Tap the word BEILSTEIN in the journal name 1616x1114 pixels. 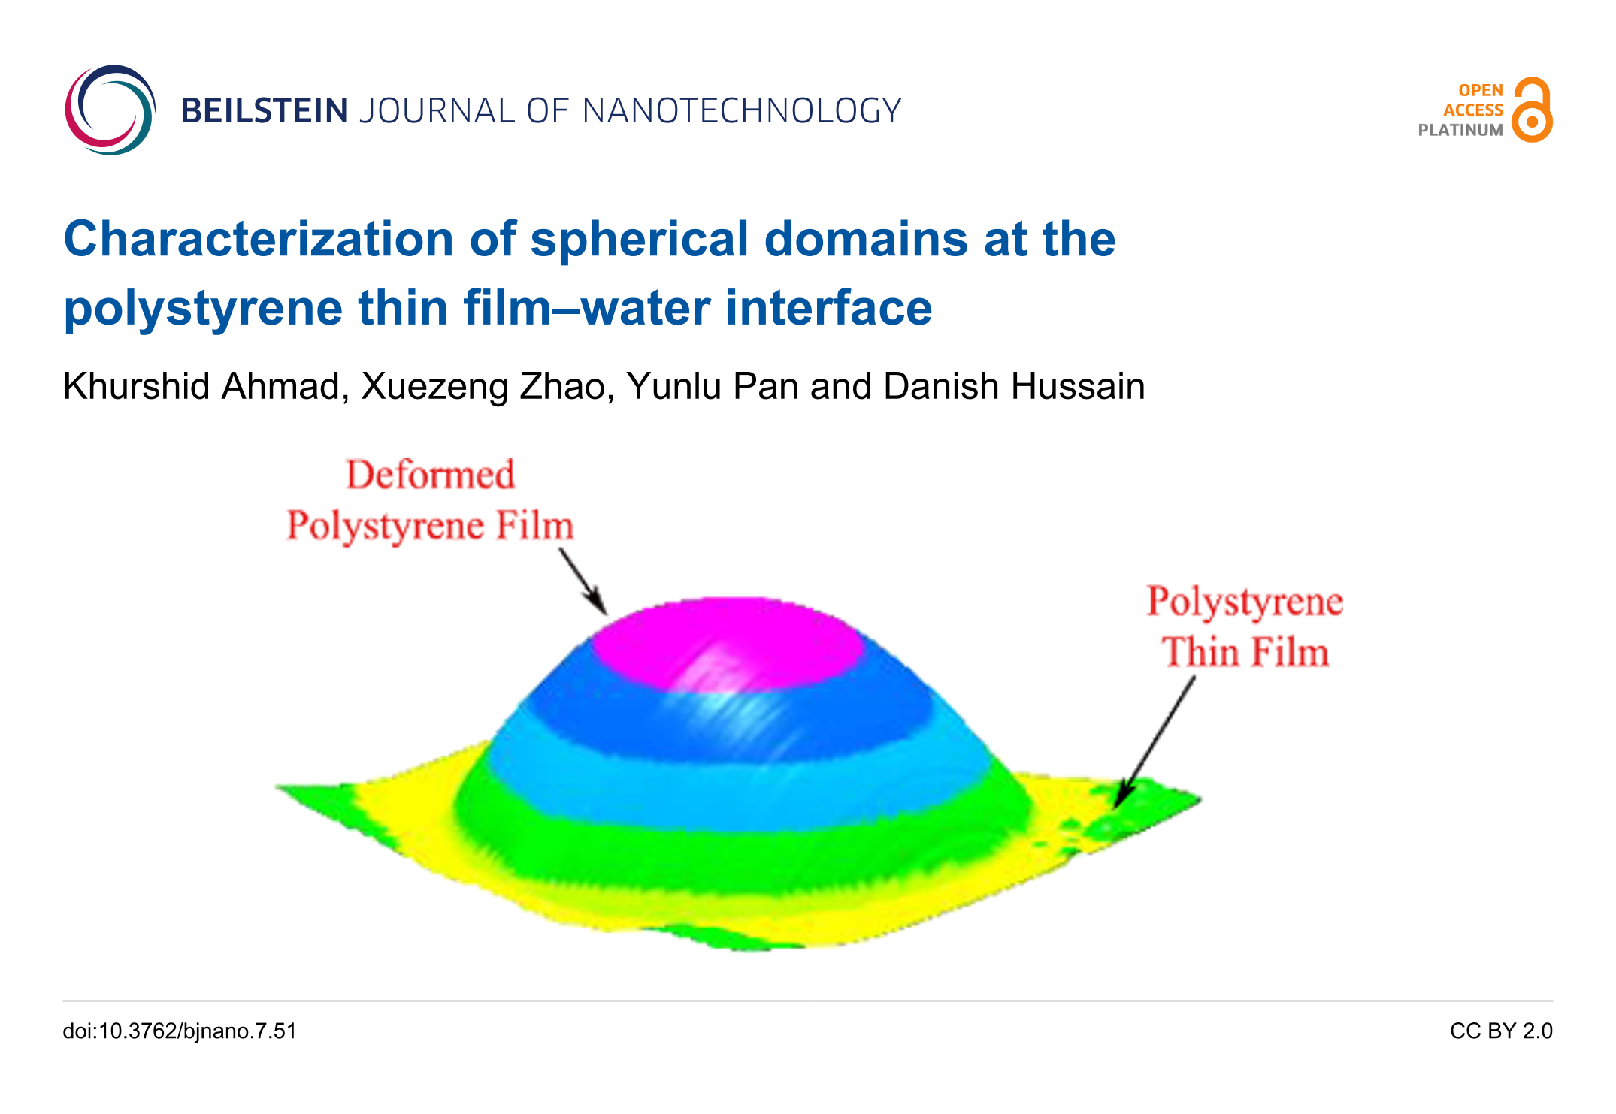pos(265,111)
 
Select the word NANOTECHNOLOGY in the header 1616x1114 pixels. pos(742,111)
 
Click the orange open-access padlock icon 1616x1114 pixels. pos(1532,110)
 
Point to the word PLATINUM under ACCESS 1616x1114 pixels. pos(1460,130)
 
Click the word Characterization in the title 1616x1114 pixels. pos(259,239)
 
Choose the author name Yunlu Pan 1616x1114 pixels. pos(713,388)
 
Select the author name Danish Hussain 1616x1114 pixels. pos(1014,388)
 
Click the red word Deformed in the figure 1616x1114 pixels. pos(431,475)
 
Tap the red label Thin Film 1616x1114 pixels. pos(1245,651)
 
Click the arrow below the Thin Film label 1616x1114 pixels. pos(1155,742)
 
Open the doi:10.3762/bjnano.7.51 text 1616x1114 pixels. pos(180,1031)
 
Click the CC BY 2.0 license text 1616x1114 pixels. pos(1501,1031)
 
